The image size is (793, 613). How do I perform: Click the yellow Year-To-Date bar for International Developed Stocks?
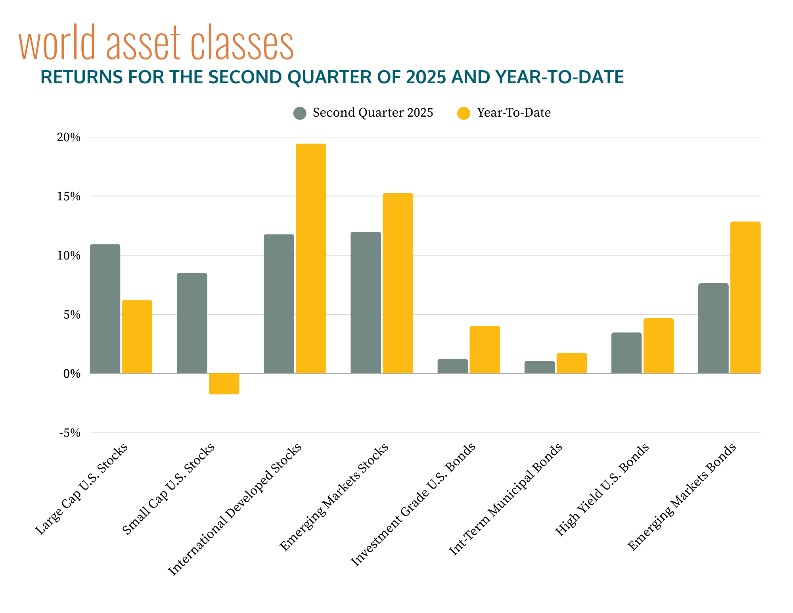tap(311, 258)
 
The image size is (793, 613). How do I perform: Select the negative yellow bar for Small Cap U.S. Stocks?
tap(224, 384)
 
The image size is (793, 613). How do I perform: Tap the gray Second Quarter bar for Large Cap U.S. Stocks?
tap(105, 309)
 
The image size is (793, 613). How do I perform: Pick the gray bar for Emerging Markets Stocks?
tap(366, 302)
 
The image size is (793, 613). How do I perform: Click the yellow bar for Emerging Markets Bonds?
tap(745, 297)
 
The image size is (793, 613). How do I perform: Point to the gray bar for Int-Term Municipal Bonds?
tap(539, 367)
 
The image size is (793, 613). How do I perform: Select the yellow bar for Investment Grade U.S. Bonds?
tap(485, 350)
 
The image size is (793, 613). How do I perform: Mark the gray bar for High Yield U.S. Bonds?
tap(626, 353)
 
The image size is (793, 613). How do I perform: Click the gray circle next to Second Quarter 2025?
tap(300, 113)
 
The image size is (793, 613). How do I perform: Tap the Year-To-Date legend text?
tap(513, 113)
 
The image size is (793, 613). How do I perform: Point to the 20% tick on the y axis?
tap(69, 138)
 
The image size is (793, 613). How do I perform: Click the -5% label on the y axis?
tap(70, 433)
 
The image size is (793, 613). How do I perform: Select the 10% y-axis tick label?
tap(69, 256)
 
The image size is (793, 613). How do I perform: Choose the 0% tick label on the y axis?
tap(71, 374)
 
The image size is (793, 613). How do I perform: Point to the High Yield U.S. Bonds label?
tap(601, 490)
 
